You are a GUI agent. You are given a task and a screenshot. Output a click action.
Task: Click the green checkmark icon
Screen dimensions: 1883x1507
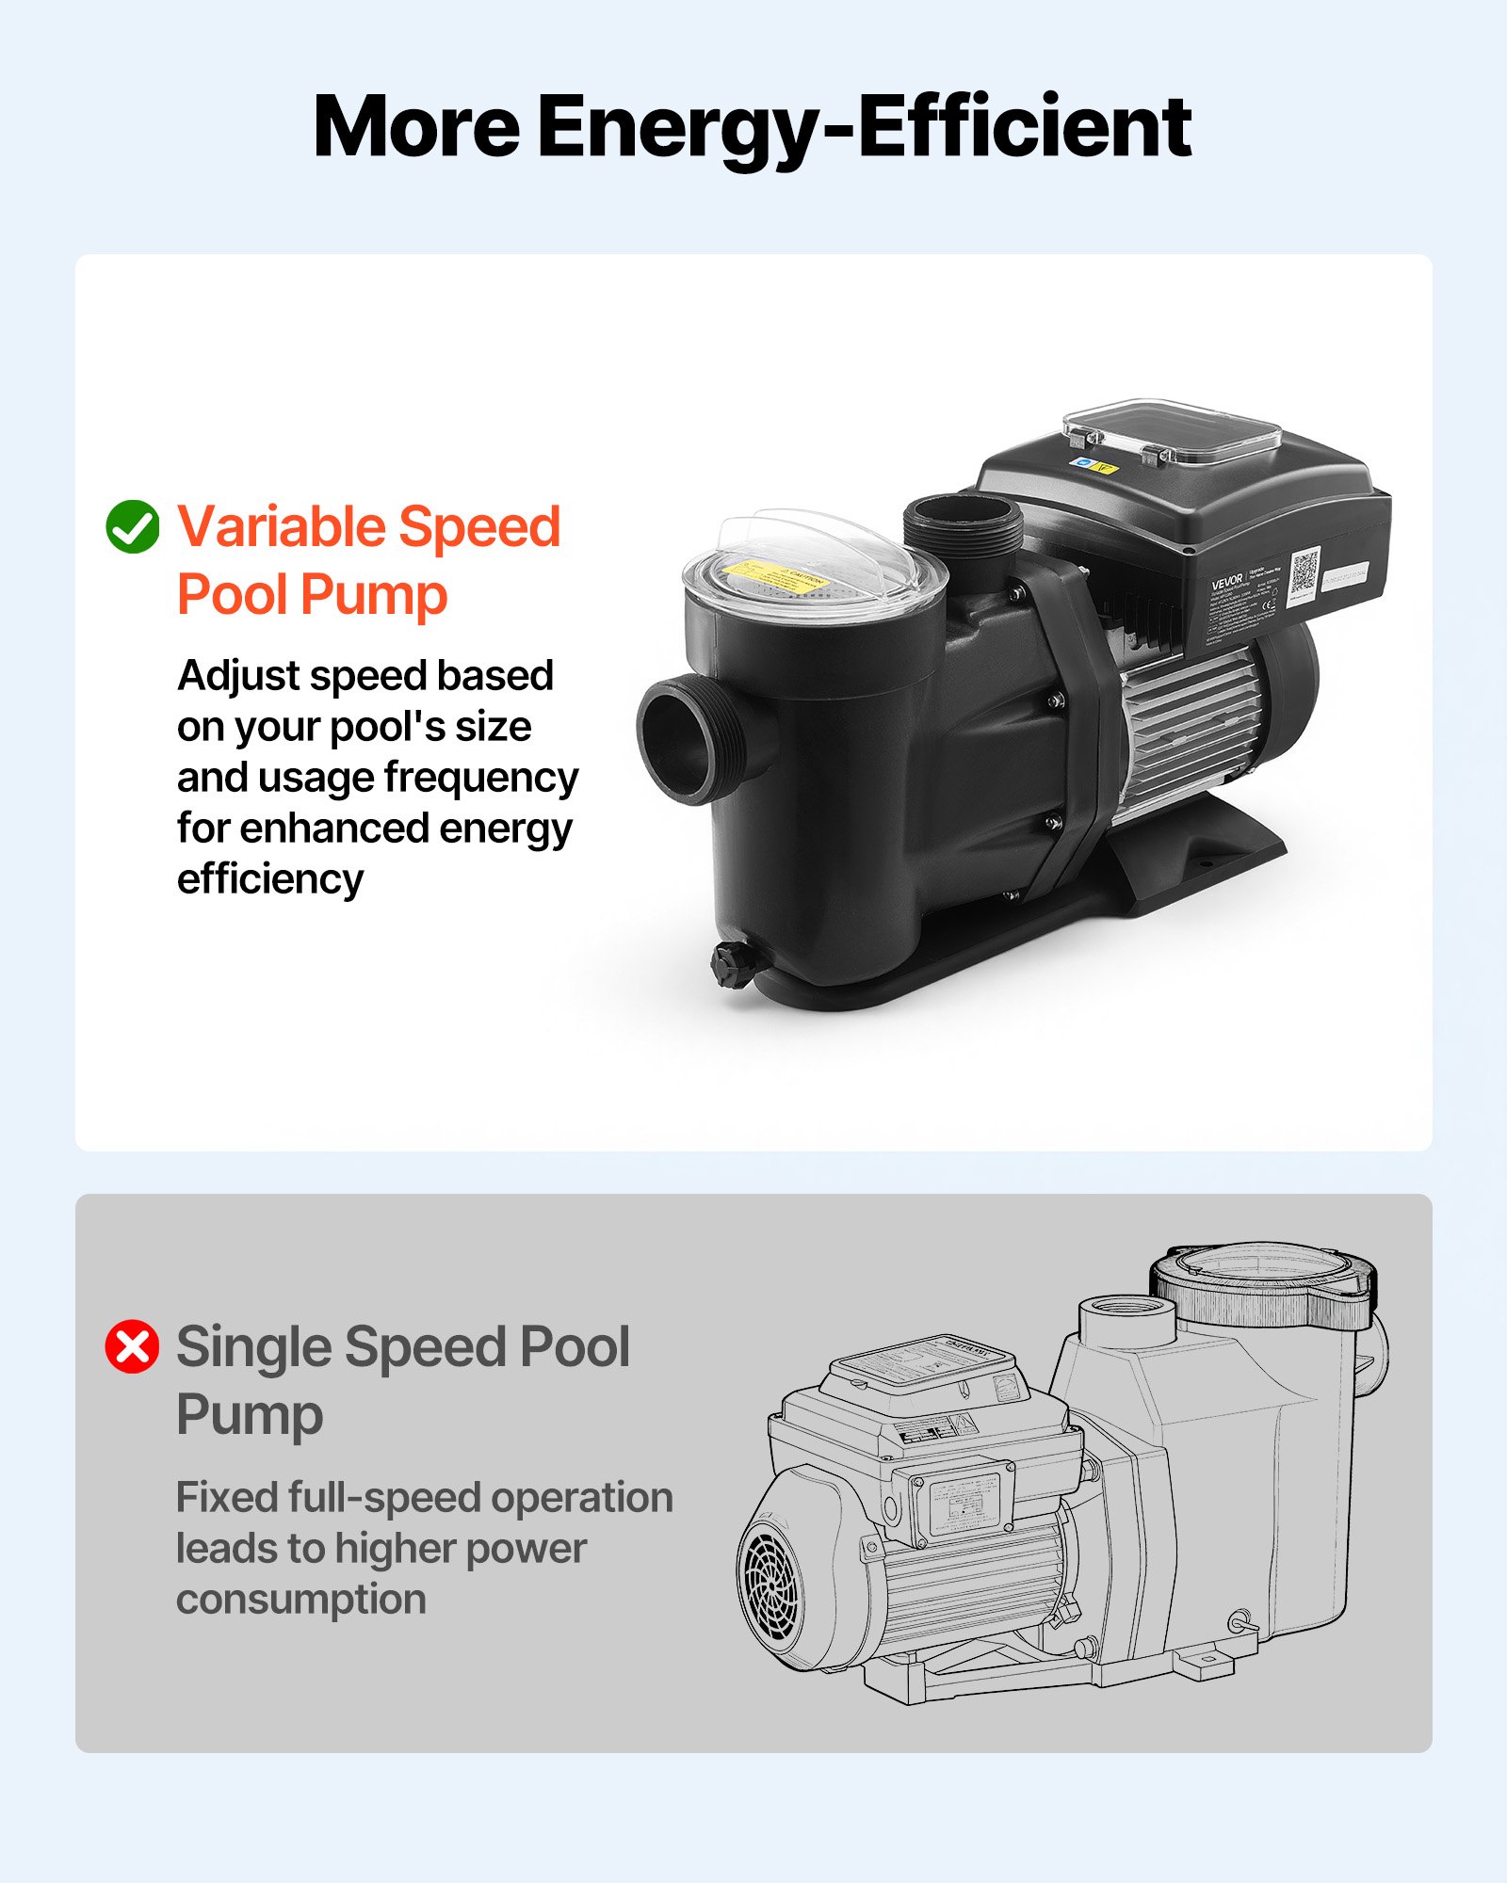coord(133,526)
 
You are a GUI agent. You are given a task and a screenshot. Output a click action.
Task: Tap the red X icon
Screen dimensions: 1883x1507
coord(132,1346)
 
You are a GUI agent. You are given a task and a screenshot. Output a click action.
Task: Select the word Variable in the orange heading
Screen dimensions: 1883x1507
coord(280,526)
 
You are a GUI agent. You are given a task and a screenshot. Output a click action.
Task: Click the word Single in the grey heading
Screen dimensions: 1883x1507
coord(251,1347)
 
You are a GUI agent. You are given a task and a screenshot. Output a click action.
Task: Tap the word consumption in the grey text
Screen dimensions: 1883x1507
coord(301,1600)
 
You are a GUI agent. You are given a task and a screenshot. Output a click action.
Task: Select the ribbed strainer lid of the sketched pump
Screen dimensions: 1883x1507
coord(1262,1285)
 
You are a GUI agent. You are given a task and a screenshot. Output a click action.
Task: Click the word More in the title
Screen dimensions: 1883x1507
coord(415,127)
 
